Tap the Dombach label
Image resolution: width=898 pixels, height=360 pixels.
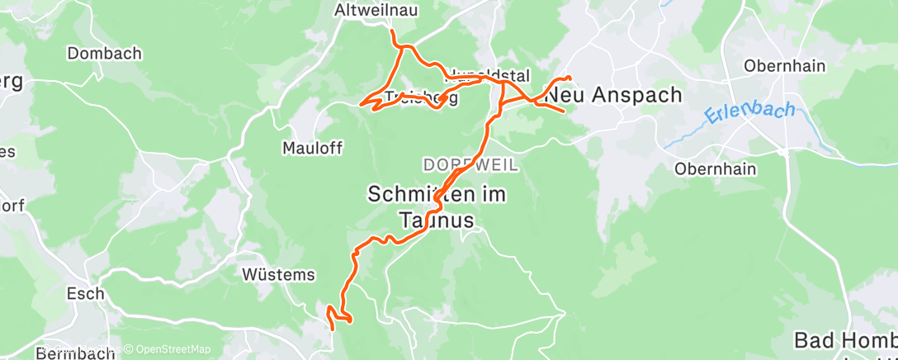pos(105,53)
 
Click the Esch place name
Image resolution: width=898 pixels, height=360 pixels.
pos(86,293)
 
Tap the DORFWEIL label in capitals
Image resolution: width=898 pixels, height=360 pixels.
pos(471,165)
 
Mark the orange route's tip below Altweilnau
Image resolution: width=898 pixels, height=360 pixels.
pos(392,31)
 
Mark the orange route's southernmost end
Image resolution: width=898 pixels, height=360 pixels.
pos(332,329)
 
